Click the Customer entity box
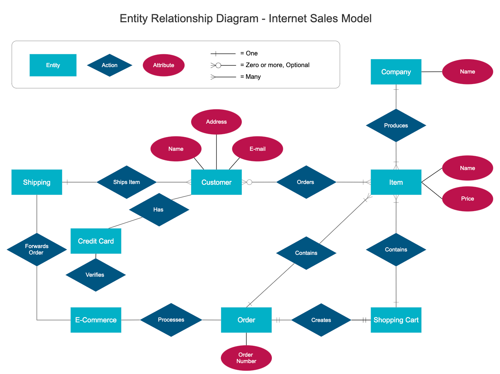[216, 182]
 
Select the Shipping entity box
[37, 182]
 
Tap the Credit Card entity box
[96, 241]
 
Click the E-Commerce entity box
[96, 320]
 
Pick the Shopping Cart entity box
[396, 320]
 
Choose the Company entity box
[396, 72]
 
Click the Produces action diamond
[396, 126]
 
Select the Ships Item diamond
[126, 182]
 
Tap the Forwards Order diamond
[37, 249]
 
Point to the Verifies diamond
[95, 275]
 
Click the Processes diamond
[171, 320]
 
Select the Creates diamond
[321, 320]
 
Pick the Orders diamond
[306, 182]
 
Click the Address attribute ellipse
[216, 122]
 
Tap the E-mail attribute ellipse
[258, 149]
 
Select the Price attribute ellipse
[467, 199]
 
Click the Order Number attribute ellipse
[246, 358]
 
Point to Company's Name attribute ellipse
[467, 72]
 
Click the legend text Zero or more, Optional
[277, 65]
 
